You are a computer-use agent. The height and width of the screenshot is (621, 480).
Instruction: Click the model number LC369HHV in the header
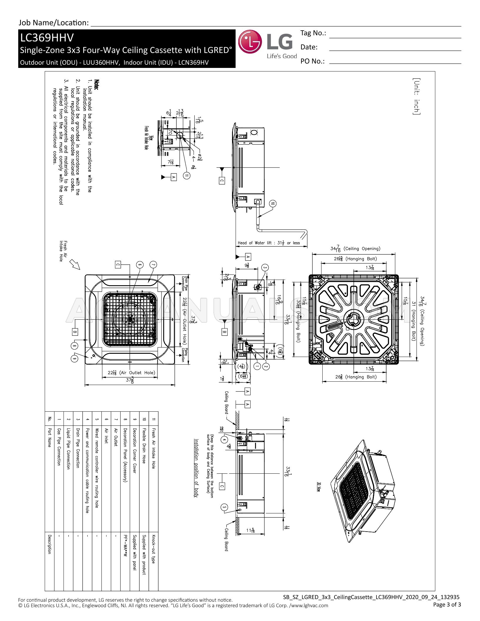(x=47, y=38)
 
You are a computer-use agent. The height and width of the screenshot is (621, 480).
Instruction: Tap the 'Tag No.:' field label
(x=313, y=33)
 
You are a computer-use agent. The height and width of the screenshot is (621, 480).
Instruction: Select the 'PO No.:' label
(x=312, y=61)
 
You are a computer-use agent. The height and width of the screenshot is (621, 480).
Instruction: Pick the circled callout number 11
(x=187, y=176)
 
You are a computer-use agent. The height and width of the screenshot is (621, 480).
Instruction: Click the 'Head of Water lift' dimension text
(x=269, y=243)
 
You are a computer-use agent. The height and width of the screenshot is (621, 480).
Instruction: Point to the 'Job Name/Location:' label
(x=54, y=23)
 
